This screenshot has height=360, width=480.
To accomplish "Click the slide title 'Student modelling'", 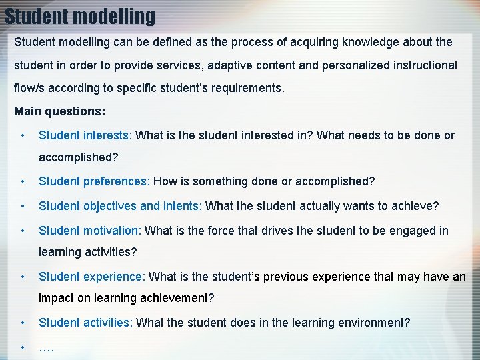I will point(80,15).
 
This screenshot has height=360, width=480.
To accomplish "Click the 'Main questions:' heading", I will point(59,111).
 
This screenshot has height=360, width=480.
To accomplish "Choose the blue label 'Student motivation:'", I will point(90,231).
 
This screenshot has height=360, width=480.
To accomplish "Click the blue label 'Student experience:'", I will point(91,276).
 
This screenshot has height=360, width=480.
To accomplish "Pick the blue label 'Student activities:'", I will point(85,323).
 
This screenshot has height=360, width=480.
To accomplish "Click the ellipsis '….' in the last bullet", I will point(47,347).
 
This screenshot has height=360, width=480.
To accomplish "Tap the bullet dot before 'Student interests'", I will point(23,135).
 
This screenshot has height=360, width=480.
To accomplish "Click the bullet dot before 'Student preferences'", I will point(23,181).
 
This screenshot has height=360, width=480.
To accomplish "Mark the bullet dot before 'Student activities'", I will point(23,323).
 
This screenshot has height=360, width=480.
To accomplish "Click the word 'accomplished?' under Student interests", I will point(78,158).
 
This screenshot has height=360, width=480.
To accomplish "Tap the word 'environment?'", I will point(375,323).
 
